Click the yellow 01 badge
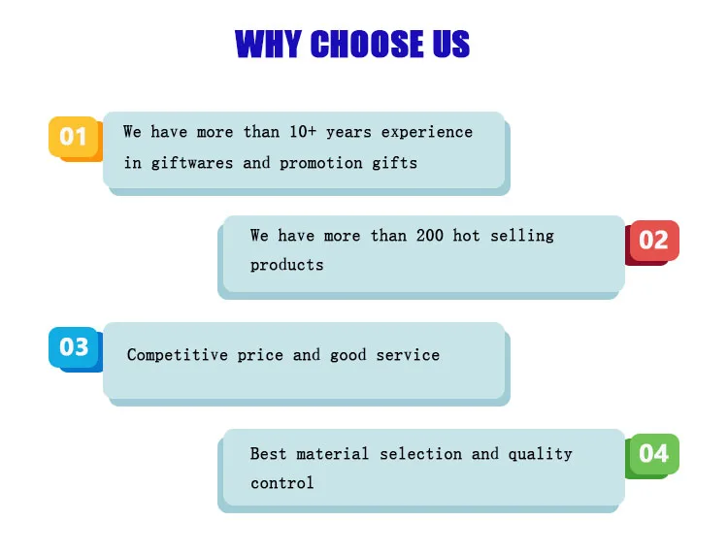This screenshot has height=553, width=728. click(75, 138)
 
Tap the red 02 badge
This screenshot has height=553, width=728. click(652, 243)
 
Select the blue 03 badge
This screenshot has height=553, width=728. click(75, 349)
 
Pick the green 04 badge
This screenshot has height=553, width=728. click(652, 456)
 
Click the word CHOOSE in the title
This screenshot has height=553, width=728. click(367, 44)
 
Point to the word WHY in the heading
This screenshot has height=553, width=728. click(268, 44)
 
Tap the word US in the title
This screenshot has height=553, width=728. click(450, 44)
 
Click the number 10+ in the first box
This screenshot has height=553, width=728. click(303, 132)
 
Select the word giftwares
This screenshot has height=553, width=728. click(192, 163)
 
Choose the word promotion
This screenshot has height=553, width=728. click(321, 163)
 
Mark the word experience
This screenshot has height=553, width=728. click(427, 133)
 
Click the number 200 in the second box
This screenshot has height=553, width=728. click(429, 236)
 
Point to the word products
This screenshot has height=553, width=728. click(286, 266)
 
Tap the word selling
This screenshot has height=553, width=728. click(522, 236)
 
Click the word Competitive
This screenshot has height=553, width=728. click(178, 355)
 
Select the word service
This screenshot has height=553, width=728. click(408, 355)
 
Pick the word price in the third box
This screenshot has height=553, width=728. click(260, 356)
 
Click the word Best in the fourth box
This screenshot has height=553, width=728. click(268, 454)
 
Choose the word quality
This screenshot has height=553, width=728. click(540, 454)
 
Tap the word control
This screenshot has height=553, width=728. click(281, 483)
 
